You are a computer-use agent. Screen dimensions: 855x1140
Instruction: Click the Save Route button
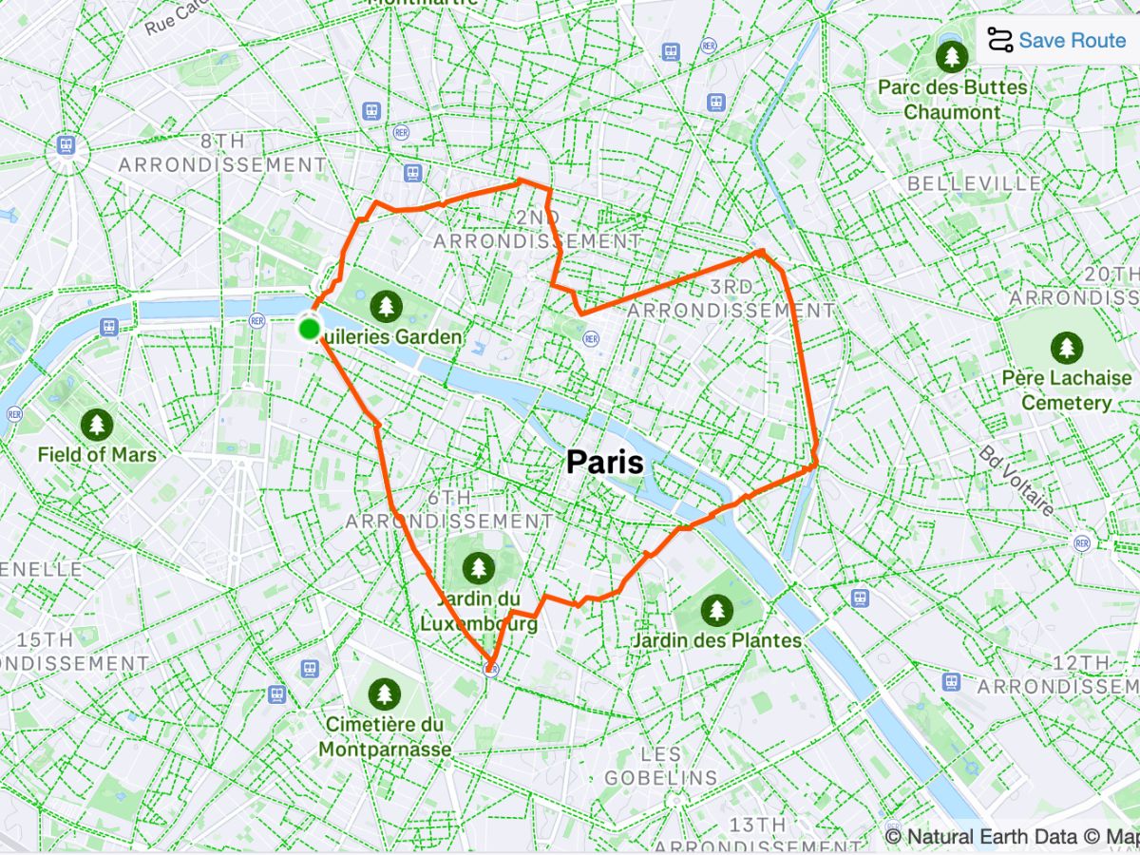(1058, 40)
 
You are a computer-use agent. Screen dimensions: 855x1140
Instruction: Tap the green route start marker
(309, 329)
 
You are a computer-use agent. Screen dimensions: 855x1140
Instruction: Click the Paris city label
(604, 463)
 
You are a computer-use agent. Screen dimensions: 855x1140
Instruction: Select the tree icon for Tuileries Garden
(385, 305)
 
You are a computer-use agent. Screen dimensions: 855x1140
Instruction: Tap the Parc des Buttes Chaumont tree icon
(952, 56)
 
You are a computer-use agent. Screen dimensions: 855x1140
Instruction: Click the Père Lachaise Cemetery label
(1066, 390)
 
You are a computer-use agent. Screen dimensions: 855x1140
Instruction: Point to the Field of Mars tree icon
(97, 424)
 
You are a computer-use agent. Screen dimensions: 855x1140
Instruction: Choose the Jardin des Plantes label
(717, 640)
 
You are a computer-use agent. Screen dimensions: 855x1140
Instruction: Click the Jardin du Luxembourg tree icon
(479, 568)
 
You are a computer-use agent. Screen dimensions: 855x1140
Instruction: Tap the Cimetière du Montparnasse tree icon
(384, 694)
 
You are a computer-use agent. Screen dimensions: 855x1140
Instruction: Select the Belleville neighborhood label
(974, 183)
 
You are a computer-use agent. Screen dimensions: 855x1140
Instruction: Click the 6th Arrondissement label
(448, 510)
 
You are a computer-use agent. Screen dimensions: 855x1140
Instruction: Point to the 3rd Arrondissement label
(731, 299)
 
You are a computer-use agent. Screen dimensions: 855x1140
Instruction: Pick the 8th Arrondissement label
(222, 153)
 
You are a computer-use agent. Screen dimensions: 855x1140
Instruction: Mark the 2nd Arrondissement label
(537, 230)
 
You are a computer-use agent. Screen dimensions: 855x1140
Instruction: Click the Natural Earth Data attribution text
(991, 837)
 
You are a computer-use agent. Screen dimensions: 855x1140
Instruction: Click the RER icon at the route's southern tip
(491, 670)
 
